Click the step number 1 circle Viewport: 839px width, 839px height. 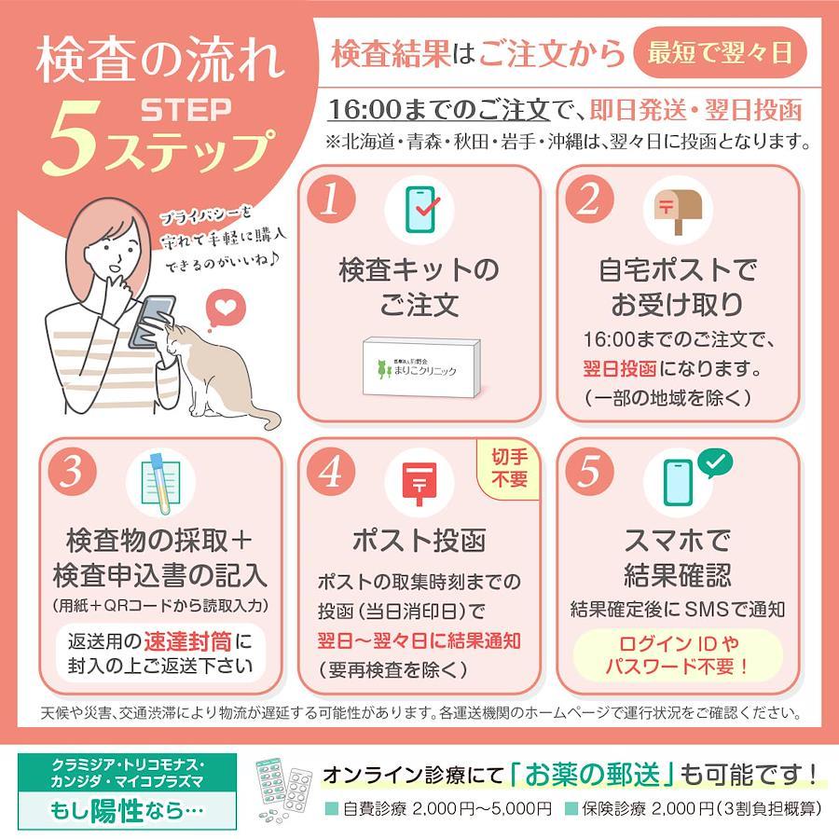coord(332,199)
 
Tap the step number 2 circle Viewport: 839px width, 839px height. coord(590,199)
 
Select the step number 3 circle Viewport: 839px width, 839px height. coord(73,472)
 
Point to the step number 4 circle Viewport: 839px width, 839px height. coord(332,472)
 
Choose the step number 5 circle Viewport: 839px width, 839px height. coord(590,472)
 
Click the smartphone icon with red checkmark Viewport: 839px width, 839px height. coord(421,209)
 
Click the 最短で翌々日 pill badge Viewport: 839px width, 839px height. coord(720,53)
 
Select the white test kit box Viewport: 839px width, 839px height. coord(421,368)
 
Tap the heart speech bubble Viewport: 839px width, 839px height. coord(226,309)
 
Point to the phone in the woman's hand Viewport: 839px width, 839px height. coord(152,321)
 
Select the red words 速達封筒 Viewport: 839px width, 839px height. coord(187,641)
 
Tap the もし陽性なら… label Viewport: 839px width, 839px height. coord(128,810)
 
